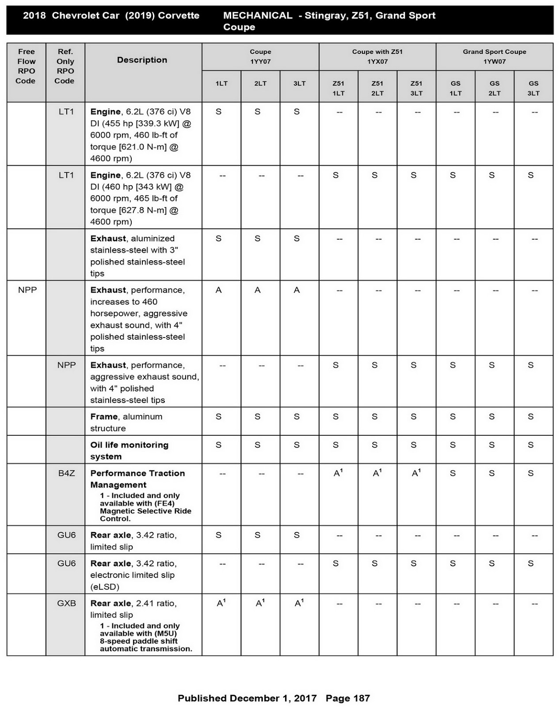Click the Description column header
[x=142, y=60]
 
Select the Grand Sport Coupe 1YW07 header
[x=494, y=57]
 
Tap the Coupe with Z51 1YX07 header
[x=377, y=57]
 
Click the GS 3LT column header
[x=533, y=88]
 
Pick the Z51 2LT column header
[x=377, y=88]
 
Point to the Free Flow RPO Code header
[x=26, y=66]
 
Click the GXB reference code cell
[x=66, y=603]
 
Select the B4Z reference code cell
[x=66, y=473]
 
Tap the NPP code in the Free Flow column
[x=27, y=290]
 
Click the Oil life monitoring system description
[x=129, y=450]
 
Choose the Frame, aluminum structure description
[x=126, y=422]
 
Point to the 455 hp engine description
[x=141, y=135]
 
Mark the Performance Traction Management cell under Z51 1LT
[x=338, y=473]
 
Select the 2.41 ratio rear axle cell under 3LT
[x=299, y=603]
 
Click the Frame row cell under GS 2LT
[x=491, y=417]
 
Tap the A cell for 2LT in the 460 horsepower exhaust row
[x=258, y=290]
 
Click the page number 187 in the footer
[x=348, y=698]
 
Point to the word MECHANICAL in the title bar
[x=257, y=15]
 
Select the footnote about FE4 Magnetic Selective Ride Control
[x=145, y=507]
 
